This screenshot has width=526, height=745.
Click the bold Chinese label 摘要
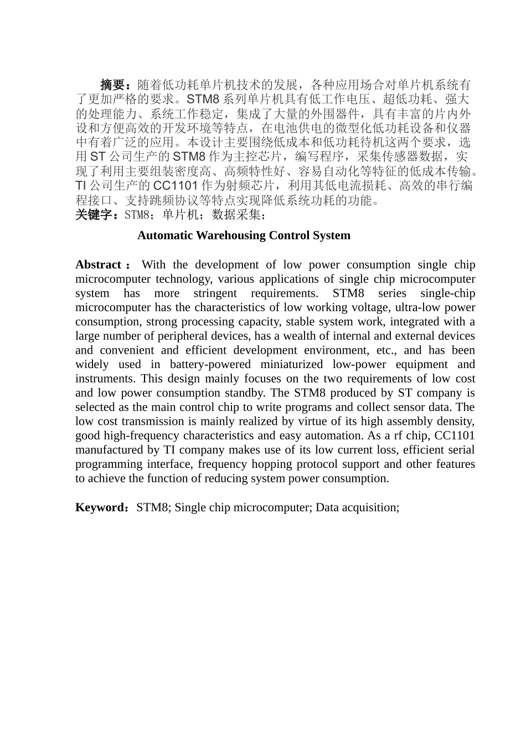(x=112, y=85)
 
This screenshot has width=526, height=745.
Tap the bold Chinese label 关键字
(x=94, y=215)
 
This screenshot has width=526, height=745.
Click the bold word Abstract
(x=98, y=265)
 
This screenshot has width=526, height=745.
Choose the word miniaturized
(x=288, y=365)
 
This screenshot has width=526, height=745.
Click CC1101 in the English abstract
(x=455, y=436)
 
